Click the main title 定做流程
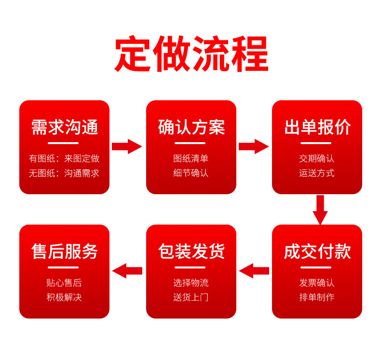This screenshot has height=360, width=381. (x=191, y=53)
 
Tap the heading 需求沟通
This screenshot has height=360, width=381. (x=65, y=127)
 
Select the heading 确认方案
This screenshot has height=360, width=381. (x=191, y=127)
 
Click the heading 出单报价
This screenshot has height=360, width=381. (x=317, y=127)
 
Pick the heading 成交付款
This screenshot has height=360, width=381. (x=317, y=251)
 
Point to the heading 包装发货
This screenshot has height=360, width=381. (x=191, y=251)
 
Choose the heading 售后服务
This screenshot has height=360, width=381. (x=65, y=251)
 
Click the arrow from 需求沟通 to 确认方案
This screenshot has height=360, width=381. (x=127, y=147)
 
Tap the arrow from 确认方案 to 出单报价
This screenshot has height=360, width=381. (x=254, y=147)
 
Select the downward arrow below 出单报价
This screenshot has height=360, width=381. (x=320, y=210)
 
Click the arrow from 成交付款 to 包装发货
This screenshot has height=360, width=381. (x=254, y=271)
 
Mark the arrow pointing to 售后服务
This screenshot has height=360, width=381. (x=127, y=271)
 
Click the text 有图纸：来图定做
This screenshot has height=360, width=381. (x=64, y=159)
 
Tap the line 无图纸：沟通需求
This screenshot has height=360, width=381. (x=64, y=173)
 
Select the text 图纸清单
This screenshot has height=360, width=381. (x=191, y=159)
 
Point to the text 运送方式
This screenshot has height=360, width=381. (x=317, y=173)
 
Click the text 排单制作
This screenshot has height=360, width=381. (x=317, y=297)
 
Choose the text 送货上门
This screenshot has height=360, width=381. (x=191, y=297)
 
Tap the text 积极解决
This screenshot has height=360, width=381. (x=64, y=297)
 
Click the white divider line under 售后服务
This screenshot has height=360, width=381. (x=63, y=267)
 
